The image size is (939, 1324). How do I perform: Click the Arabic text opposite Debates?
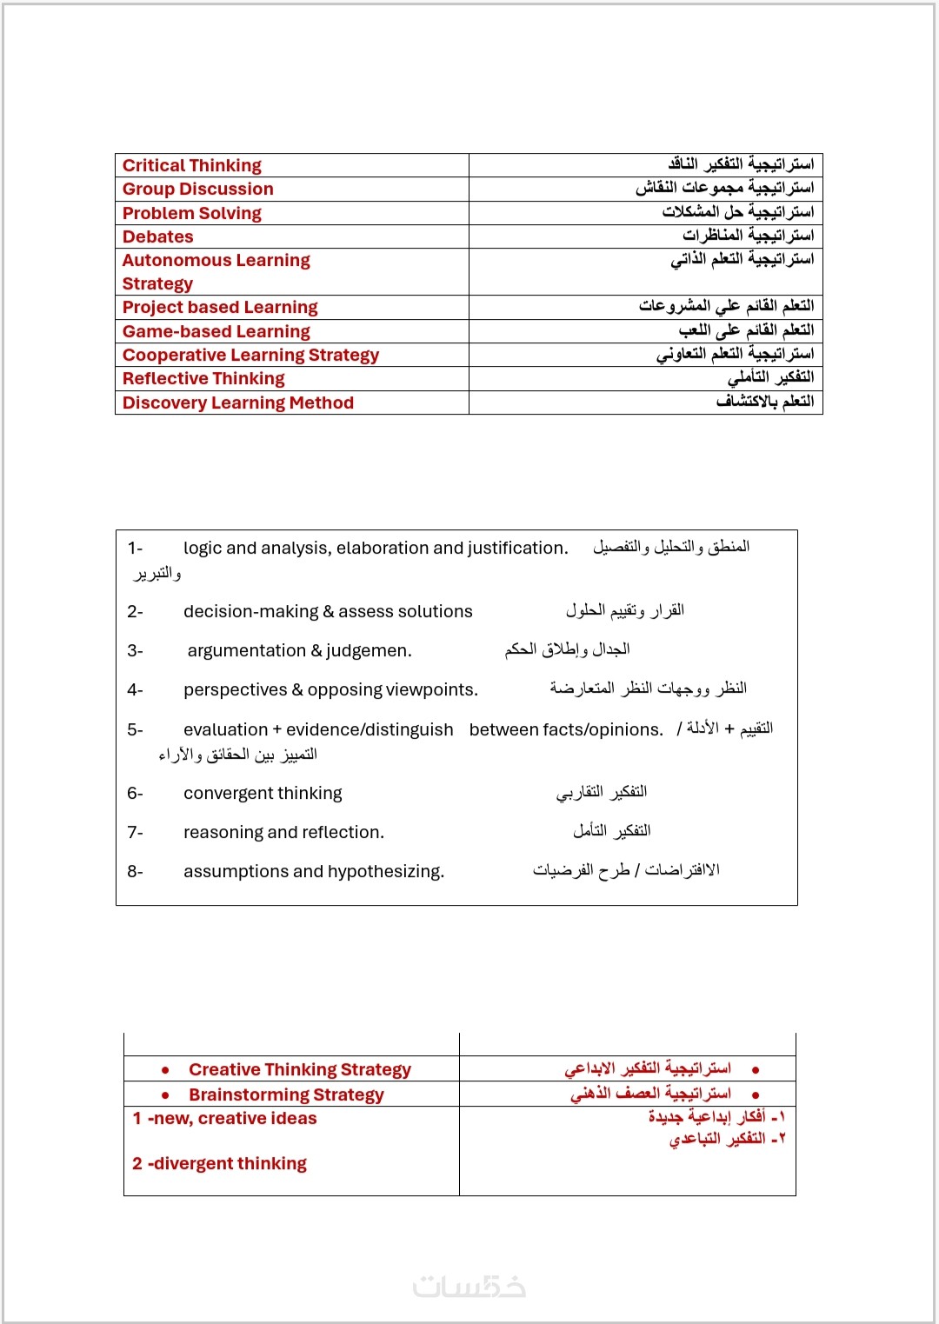(x=748, y=236)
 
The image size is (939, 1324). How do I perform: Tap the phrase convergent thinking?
(x=263, y=793)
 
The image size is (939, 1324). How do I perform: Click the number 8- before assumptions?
(x=135, y=871)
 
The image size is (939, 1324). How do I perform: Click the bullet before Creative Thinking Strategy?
(x=165, y=1070)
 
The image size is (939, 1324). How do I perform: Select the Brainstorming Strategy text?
(x=286, y=1094)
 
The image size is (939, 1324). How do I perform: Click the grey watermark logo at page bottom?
(x=469, y=1286)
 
